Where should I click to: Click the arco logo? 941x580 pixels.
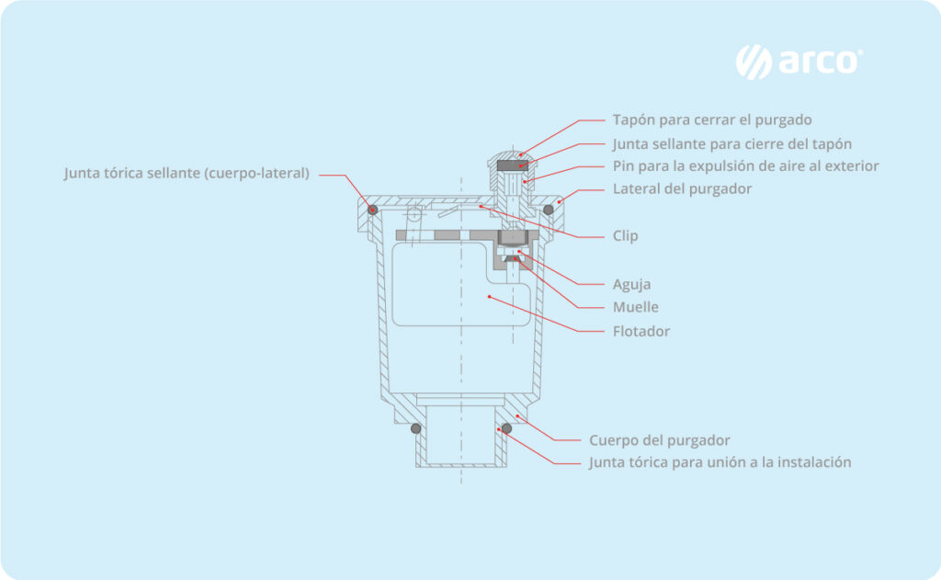(799, 62)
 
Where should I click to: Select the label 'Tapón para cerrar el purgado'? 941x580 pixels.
(712, 119)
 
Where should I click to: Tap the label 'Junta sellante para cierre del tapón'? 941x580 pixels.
(731, 143)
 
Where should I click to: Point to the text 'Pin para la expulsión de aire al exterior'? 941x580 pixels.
(745, 166)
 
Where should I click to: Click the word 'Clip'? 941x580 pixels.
(625, 236)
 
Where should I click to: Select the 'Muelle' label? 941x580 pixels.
(635, 307)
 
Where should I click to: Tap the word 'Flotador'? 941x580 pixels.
(641, 331)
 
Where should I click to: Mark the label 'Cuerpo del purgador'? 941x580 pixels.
(659, 439)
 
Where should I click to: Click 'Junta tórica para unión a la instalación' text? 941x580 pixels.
(720, 462)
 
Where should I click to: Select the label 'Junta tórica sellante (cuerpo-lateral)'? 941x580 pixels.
(187, 173)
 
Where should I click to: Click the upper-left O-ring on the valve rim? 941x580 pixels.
(373, 210)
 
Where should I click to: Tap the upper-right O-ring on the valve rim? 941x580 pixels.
(549, 210)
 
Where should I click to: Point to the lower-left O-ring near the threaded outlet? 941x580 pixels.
(415, 428)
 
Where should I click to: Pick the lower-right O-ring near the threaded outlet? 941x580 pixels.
(506, 428)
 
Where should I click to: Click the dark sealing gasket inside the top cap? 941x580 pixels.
(513, 165)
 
